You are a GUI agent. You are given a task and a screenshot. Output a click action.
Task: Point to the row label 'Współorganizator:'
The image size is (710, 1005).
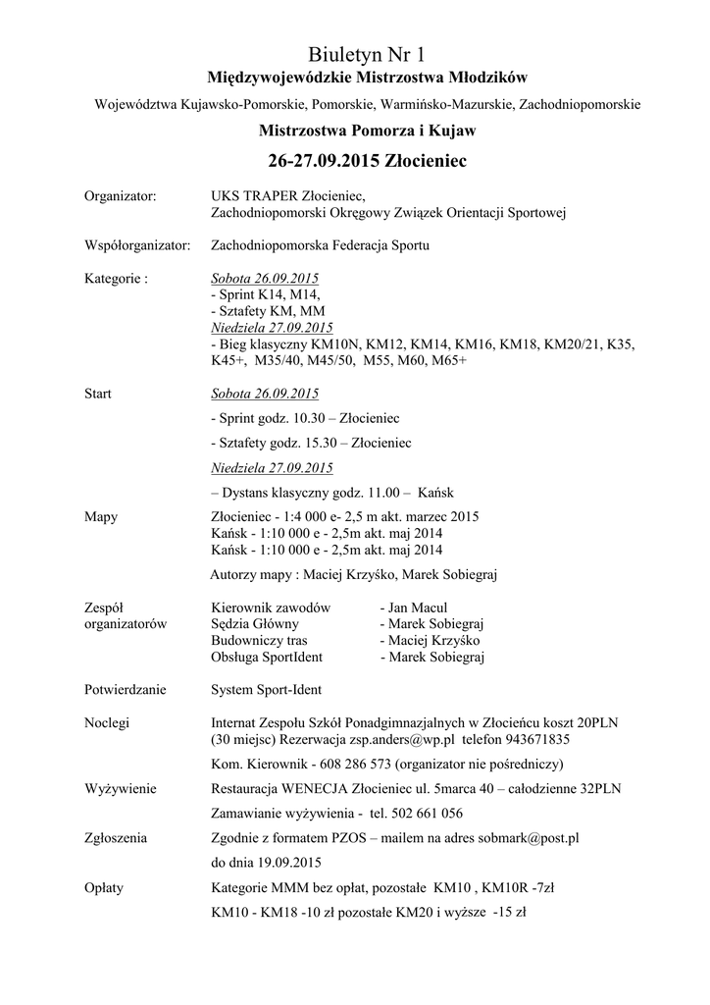point(137,245)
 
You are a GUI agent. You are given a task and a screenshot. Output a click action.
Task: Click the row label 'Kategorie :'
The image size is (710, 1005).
point(117,278)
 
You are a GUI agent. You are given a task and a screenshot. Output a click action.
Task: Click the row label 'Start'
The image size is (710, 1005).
point(98,394)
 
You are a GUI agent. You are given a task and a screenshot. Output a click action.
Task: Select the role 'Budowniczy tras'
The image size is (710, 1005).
point(259,639)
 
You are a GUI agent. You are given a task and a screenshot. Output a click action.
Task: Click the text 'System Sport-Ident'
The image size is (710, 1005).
point(267,689)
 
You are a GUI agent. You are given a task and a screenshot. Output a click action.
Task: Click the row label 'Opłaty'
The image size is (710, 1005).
point(105,888)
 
